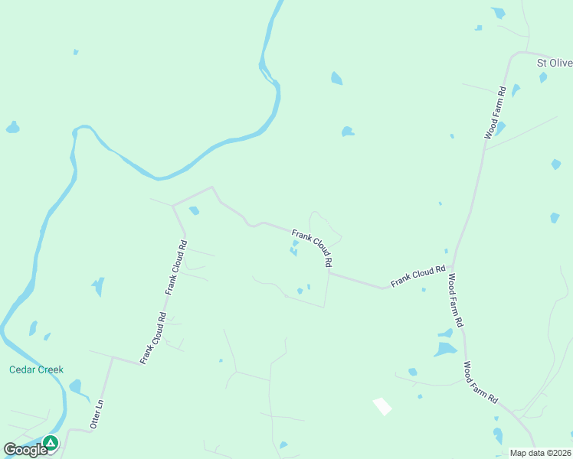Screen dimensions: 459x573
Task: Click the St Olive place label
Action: click(554, 63)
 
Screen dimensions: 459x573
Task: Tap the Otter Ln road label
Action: click(97, 412)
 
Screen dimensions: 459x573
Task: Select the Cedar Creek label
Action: click(36, 369)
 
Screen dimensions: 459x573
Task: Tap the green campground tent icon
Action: click(51, 442)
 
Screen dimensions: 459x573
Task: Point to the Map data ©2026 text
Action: click(541, 453)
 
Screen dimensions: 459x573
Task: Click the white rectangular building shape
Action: click(381, 406)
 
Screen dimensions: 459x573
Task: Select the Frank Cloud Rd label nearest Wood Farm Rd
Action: click(417, 276)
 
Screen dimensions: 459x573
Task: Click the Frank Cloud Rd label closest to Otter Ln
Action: click(152, 337)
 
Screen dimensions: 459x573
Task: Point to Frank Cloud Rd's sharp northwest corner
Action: click(174, 205)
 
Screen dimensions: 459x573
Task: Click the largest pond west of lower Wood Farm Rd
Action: click(444, 350)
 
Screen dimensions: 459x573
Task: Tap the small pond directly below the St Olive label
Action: click(543, 77)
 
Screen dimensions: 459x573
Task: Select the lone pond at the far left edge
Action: click(12, 128)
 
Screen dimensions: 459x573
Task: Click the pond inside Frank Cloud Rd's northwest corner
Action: click(194, 210)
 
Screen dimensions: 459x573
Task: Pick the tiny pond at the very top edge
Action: click(499, 12)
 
